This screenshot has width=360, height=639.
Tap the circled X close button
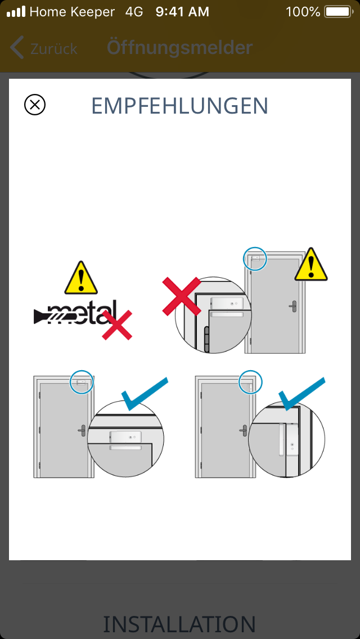pos(35,105)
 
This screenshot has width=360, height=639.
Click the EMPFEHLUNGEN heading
pos(180,106)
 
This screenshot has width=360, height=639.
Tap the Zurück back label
pos(54,49)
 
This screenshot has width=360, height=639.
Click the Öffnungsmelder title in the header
pos(180,48)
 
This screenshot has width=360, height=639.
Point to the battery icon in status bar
pos(339,12)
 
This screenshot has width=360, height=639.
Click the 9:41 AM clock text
pos(182,12)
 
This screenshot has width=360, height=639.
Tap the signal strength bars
pos(16,12)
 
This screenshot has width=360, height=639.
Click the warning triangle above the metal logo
pos(81,278)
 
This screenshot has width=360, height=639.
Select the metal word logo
pos(75,313)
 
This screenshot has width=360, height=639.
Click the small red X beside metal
pos(117,325)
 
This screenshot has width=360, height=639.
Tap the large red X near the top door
pos(182,296)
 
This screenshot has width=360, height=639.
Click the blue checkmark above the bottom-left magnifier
pos(145,394)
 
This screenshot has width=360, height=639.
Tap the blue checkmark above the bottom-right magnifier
pos(301,394)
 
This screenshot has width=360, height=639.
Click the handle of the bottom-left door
pos(82,430)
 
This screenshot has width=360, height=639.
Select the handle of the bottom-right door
pos(244,430)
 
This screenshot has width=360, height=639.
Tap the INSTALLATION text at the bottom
pos(179,624)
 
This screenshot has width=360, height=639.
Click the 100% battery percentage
pos(303,12)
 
